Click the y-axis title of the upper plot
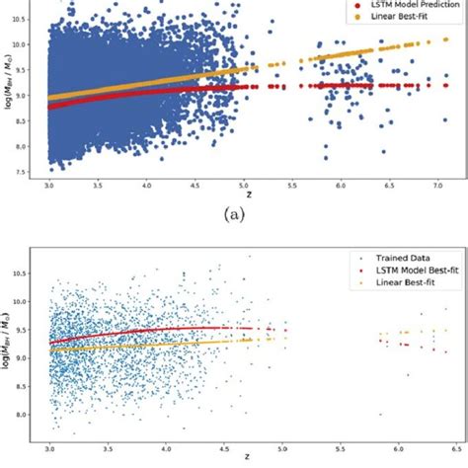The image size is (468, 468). pyautogui.click(x=9, y=89)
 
